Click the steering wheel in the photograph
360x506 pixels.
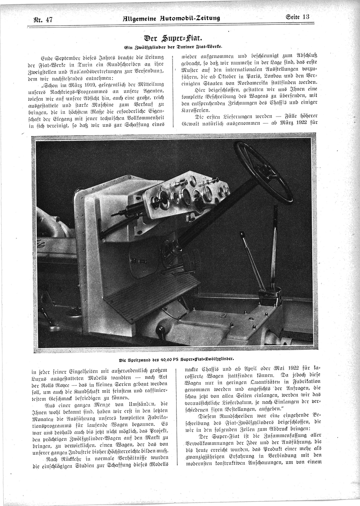point(263,172)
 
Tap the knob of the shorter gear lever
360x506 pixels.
point(242,234)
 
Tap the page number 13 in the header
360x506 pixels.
point(305,17)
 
